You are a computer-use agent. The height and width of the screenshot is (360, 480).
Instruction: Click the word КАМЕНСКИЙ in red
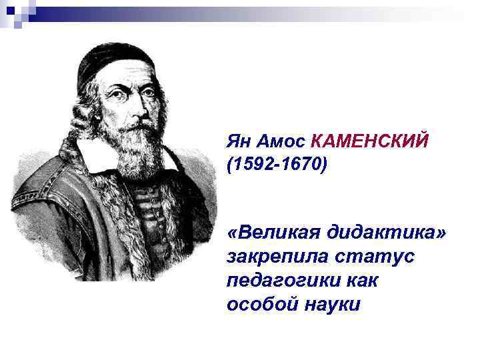pyautogui.click(x=370, y=141)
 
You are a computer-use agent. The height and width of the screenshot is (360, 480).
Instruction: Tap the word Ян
pyautogui.click(x=238, y=141)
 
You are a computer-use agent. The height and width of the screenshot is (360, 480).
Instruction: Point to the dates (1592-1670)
pyautogui.click(x=277, y=163)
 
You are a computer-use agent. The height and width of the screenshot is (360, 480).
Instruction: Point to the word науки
pyautogui.click(x=331, y=305)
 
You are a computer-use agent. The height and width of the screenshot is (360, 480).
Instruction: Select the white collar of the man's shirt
pyautogui.click(x=93, y=152)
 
